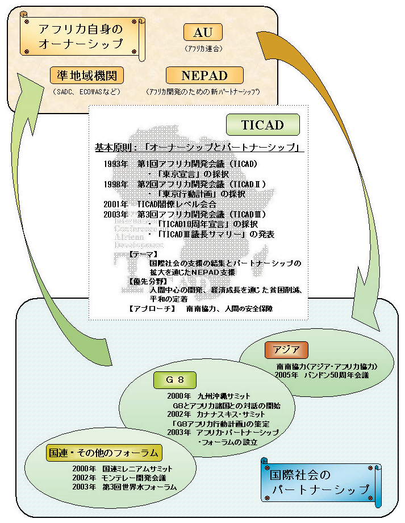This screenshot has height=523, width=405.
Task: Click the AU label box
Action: coord(203,34)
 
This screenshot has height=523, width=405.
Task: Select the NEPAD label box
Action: coord(204,76)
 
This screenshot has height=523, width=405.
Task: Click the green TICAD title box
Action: coord(262,124)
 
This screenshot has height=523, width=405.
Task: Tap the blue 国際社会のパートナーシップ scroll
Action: coord(320,481)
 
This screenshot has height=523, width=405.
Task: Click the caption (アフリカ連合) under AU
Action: coord(203,49)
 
